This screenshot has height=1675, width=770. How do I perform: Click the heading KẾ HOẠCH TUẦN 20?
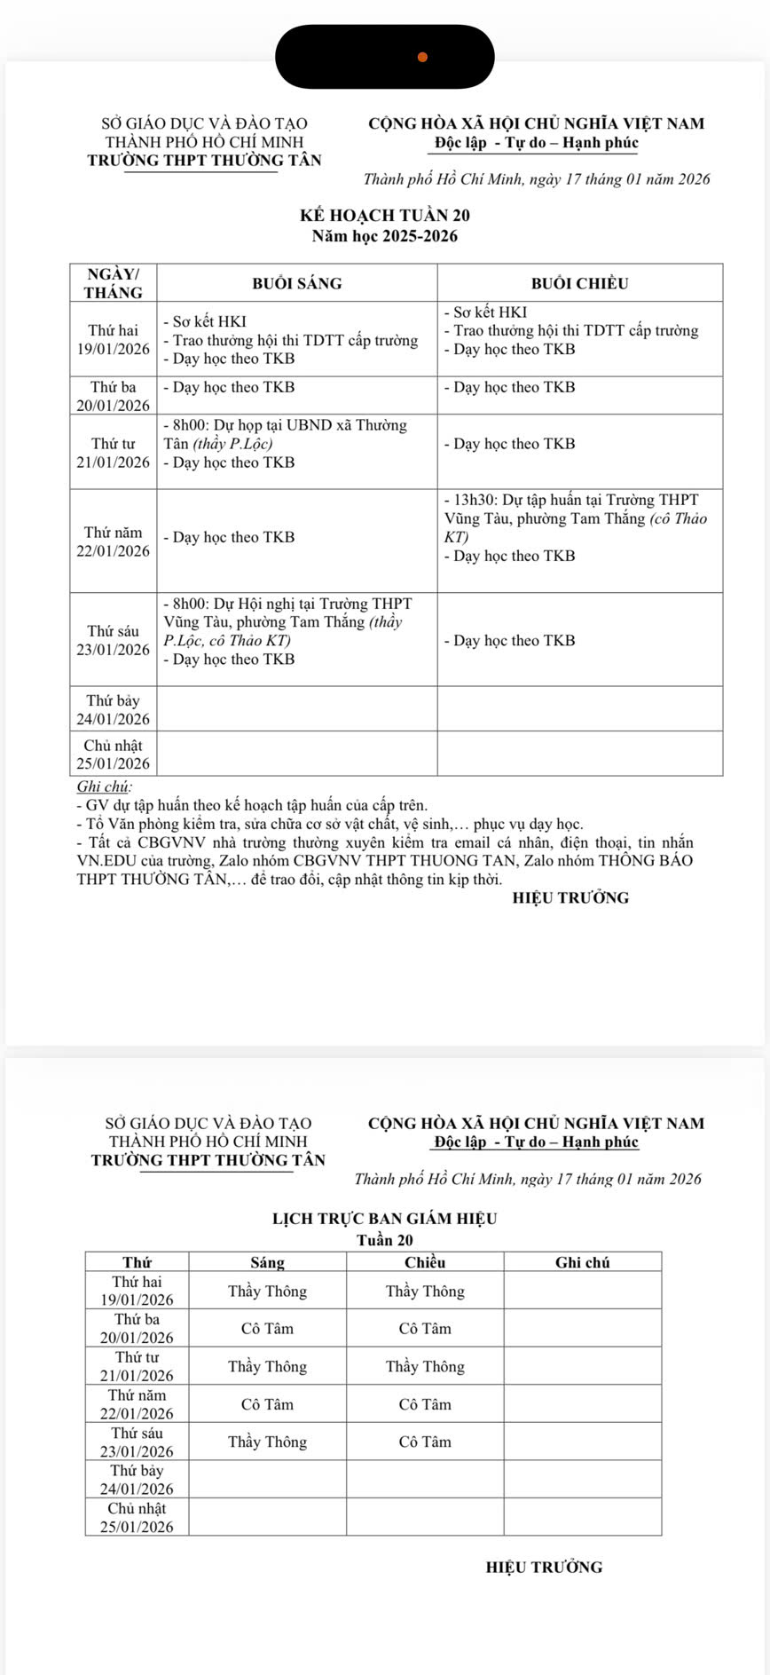point(385,216)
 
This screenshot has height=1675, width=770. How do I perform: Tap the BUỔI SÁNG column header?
point(296,283)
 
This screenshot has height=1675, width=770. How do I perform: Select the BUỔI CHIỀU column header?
point(579,283)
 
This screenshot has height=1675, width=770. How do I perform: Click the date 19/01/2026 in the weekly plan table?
point(114,349)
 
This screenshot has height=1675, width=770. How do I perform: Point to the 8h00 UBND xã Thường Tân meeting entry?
point(286,434)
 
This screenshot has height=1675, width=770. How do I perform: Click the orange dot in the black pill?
point(422,57)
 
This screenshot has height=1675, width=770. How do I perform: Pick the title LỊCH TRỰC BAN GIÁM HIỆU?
point(384,1219)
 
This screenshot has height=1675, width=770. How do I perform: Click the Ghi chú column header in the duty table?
point(582,1262)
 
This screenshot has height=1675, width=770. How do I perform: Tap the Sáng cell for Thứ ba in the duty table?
point(267,1329)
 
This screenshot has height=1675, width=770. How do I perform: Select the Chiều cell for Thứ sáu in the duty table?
point(425,1442)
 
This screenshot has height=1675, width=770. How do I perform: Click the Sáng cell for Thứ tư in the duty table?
point(267,1367)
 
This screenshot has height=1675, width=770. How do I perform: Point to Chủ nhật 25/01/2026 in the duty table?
point(137,1518)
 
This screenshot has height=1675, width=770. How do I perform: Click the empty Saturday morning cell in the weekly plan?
point(296,708)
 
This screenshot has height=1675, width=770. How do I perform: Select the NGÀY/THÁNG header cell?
point(114,283)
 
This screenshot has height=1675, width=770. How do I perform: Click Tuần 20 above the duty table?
point(384,1240)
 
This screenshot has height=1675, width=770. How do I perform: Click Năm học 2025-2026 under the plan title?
point(385,236)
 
